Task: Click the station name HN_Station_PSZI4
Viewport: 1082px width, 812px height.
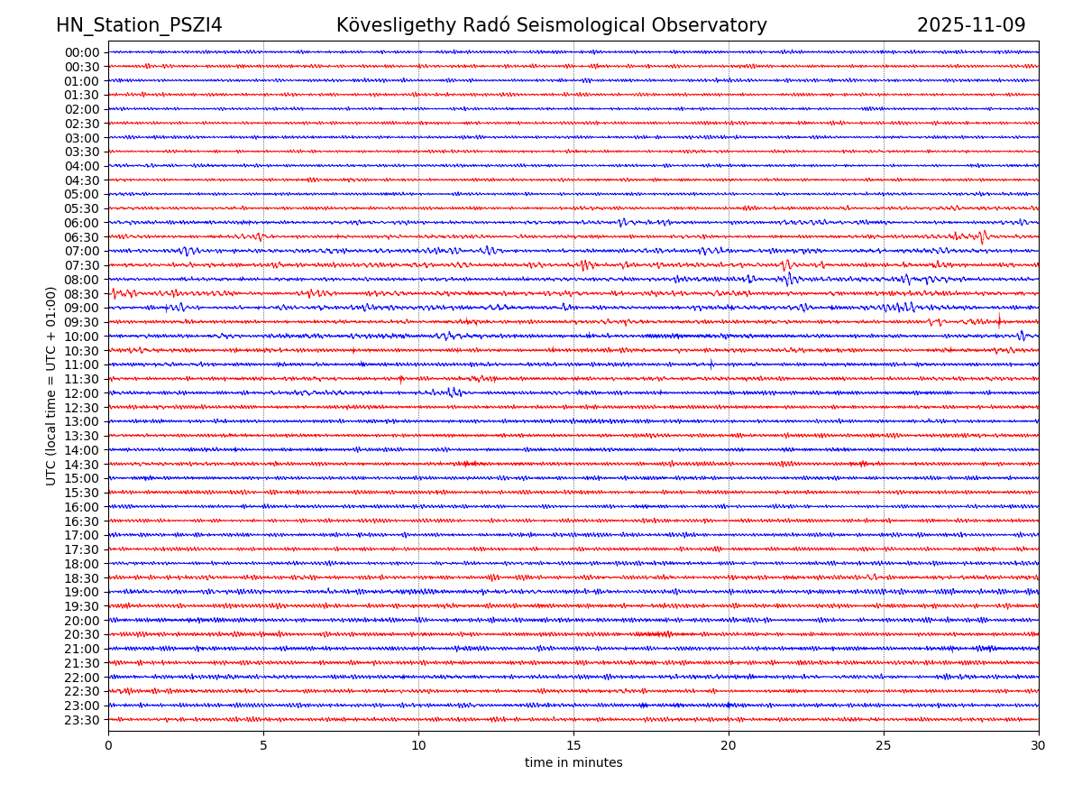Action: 139,26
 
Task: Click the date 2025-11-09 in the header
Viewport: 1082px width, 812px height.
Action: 971,26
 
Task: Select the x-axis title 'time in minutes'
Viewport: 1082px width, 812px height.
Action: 573,763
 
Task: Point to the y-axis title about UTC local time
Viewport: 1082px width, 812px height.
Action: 51,385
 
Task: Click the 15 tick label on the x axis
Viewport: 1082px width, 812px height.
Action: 573,746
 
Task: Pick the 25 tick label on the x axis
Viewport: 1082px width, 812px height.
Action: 884,746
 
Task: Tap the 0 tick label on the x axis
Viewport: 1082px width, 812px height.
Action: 108,746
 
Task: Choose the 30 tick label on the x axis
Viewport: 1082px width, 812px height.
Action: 1039,746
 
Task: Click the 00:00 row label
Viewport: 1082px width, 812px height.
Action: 81,52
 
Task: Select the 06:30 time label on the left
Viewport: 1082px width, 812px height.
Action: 81,237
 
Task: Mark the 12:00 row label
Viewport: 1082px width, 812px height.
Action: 81,393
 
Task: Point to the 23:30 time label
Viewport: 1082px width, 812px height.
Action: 81,720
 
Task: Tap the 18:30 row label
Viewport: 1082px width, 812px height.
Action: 81,578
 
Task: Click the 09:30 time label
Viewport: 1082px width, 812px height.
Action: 81,322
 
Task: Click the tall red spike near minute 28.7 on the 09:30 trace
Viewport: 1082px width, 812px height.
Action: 998,319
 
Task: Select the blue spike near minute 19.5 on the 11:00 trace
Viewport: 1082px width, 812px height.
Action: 711,364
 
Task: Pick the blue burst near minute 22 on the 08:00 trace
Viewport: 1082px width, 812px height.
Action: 789,280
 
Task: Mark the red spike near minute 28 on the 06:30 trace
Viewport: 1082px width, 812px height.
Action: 982,236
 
